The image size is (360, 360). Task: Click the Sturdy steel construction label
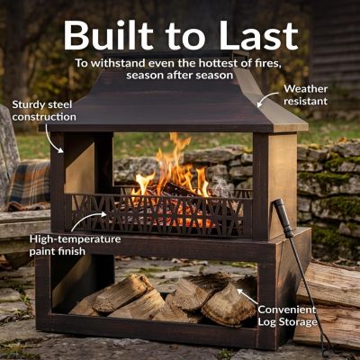click(44, 111)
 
